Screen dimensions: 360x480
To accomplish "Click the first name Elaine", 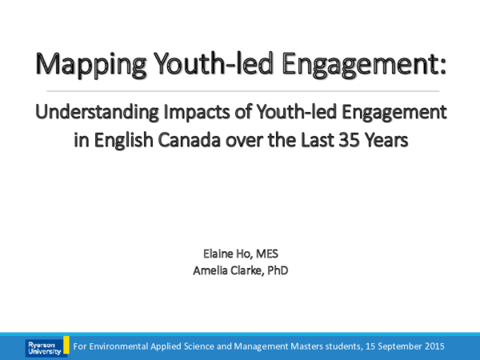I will click(x=214, y=254).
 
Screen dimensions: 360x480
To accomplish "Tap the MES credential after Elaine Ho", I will click(x=272, y=254).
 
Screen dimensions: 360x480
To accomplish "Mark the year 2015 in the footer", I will click(x=432, y=346).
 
